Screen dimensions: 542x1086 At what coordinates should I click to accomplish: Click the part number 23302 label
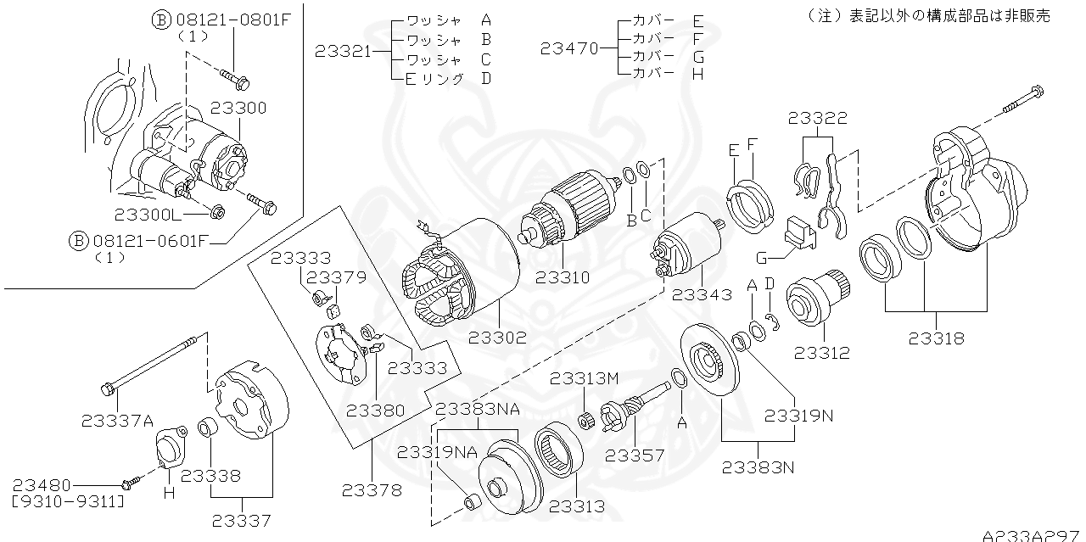497,337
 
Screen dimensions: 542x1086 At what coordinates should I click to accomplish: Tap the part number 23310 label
564,277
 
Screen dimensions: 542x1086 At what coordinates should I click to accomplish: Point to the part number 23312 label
821,353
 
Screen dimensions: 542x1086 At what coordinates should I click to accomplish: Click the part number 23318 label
936,338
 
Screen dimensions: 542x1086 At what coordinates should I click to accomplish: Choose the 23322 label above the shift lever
817,118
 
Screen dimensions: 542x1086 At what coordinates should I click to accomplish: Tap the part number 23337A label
118,419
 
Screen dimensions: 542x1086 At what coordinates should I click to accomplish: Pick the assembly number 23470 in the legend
568,49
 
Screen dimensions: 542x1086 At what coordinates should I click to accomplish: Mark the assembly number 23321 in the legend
344,51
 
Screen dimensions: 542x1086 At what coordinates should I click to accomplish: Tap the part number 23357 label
635,455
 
